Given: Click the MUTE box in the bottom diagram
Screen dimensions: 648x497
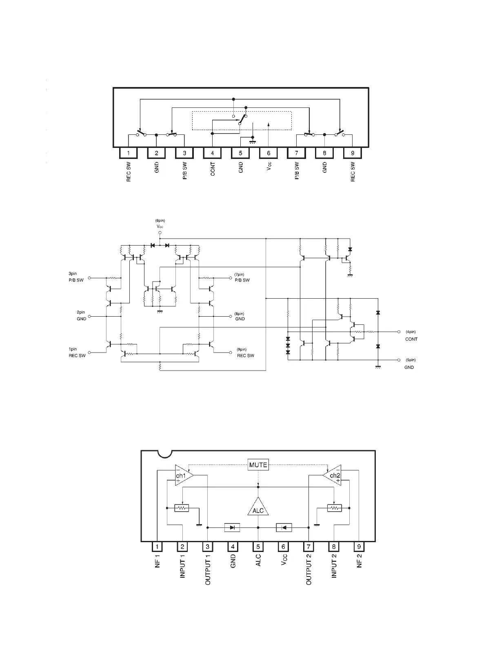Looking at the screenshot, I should tap(258, 465).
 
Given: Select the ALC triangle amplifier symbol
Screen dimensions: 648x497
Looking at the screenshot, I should tap(258, 508).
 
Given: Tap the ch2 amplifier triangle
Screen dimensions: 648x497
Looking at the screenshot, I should tap(333, 475).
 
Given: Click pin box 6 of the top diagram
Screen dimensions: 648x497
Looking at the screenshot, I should tap(268, 153).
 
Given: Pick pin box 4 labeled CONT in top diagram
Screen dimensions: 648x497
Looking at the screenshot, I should tap(212, 153).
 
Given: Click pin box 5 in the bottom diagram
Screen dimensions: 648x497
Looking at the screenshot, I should tap(258, 547).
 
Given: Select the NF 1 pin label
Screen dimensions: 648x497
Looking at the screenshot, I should tap(158, 560).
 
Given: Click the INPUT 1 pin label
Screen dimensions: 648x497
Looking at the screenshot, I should tap(183, 566).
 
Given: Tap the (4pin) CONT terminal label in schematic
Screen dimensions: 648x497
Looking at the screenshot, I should tap(411, 335).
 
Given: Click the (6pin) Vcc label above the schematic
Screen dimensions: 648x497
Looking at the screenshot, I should tap(160, 223).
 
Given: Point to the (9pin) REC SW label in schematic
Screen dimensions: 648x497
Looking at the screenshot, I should tap(245, 353).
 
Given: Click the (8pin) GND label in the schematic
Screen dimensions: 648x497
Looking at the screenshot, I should tap(240, 316).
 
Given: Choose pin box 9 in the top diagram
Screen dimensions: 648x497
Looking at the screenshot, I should tap(353, 153).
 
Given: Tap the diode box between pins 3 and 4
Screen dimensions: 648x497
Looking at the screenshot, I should tap(232, 527).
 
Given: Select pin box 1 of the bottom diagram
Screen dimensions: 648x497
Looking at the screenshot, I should tap(157, 547).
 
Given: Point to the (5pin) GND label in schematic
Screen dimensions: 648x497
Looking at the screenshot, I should tap(410, 364).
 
